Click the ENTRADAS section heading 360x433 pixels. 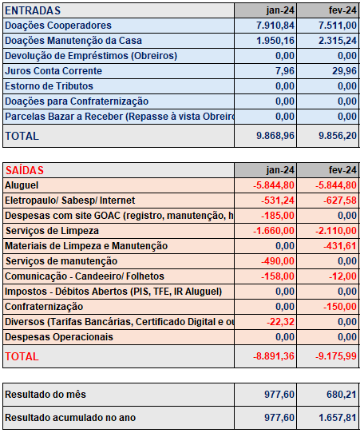33,10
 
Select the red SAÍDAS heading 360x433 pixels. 25,170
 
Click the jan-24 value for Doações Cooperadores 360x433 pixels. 275,26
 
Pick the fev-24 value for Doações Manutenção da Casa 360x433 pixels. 338,41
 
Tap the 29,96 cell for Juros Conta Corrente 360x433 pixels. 344,71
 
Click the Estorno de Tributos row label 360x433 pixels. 49,86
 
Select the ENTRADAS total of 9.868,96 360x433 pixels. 275,136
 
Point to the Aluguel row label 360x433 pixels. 22,185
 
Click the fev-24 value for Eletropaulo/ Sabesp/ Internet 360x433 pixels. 340,201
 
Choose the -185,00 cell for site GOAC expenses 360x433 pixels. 278,216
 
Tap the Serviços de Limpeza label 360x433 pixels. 52,231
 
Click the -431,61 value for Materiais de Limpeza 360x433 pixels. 340,246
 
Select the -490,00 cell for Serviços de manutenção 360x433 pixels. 278,261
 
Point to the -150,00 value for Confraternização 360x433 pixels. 340,307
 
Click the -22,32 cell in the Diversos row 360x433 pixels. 280,322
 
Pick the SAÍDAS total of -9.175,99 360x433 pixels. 336,356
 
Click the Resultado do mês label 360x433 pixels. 45,395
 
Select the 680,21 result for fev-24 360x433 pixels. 342,395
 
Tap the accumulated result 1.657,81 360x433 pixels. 338,418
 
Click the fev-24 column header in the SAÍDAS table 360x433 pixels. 342,170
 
